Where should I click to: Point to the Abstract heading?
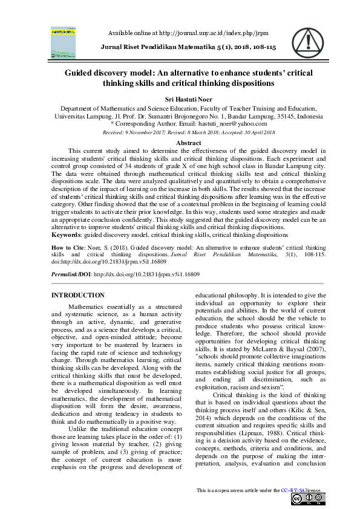click(x=180, y=143)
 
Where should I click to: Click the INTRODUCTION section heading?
click(x=78, y=295)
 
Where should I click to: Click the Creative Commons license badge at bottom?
click(x=309, y=498)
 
